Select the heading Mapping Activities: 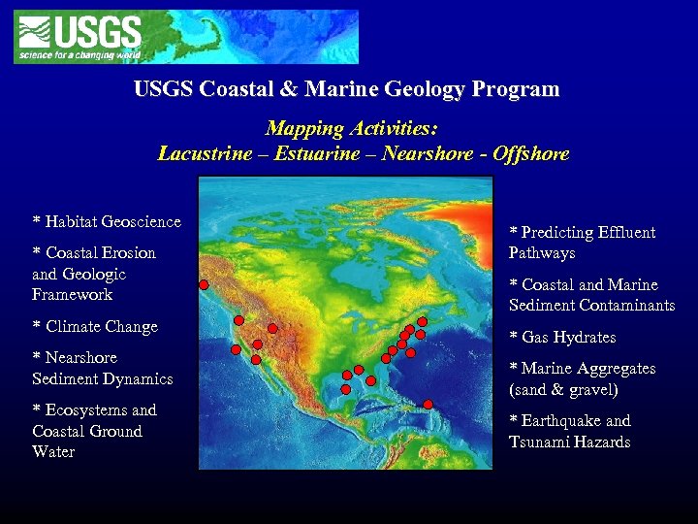(352, 129)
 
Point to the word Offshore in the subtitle (530, 153)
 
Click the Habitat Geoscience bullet (107, 221)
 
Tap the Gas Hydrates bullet (562, 338)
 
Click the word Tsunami (545, 442)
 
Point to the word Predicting (559, 233)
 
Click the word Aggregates (611, 369)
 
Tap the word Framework (72, 295)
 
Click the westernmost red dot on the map (204, 284)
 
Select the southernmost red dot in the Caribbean (428, 404)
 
